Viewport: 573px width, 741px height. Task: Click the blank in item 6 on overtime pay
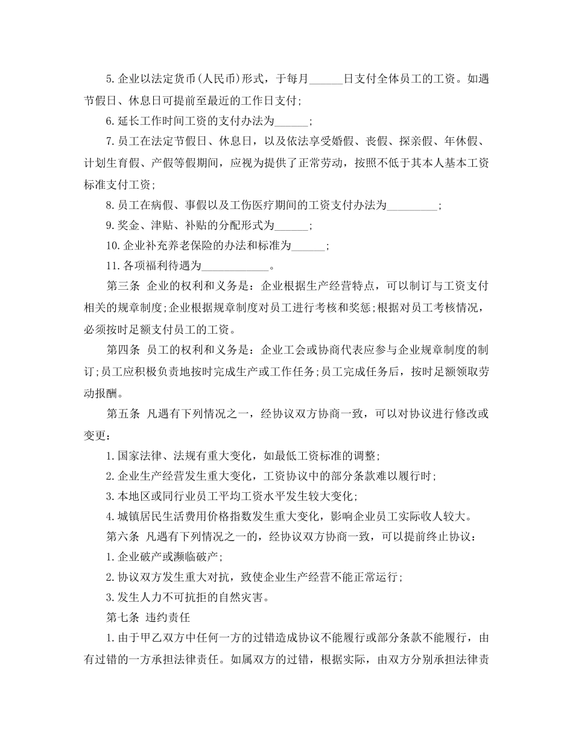[291, 121]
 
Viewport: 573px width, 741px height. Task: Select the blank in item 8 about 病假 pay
[412, 205]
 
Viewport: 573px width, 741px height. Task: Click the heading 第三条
[123, 287]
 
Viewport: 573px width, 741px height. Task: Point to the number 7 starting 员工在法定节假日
[109, 142]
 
